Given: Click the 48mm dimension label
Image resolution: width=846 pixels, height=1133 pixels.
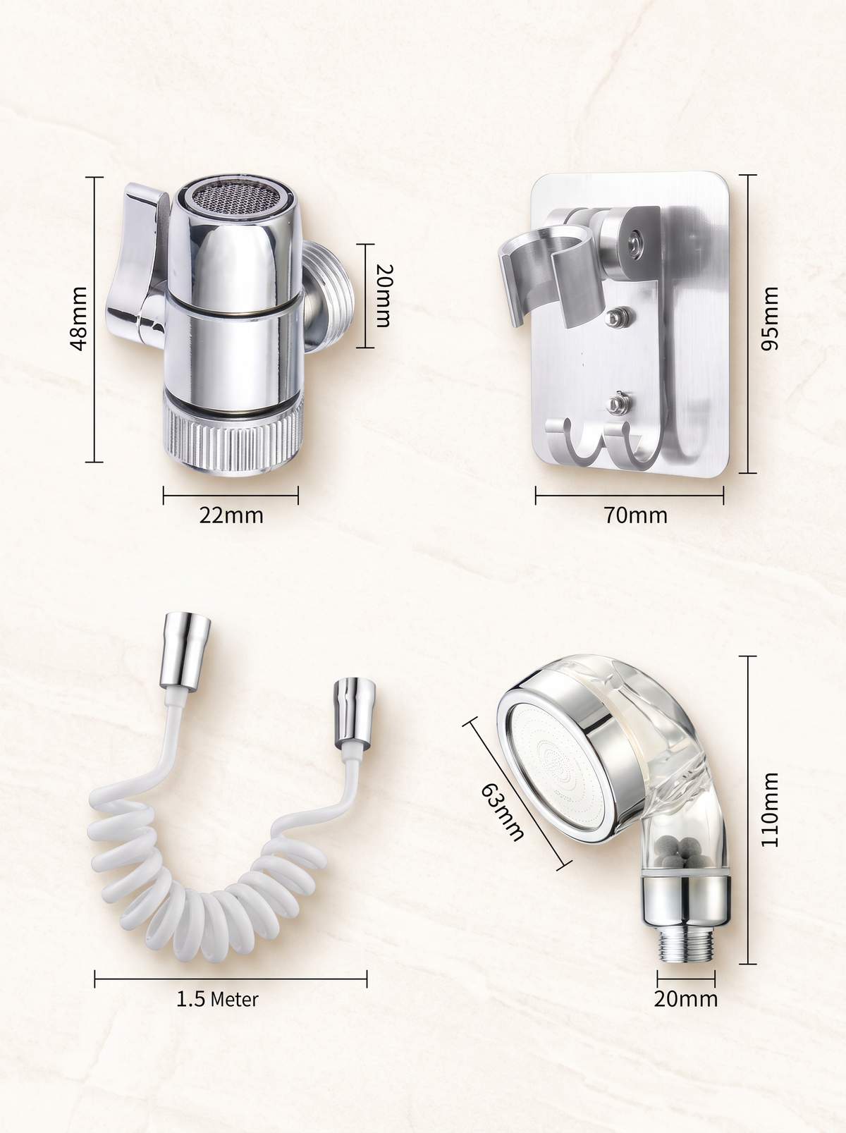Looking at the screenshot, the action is pos(78,319).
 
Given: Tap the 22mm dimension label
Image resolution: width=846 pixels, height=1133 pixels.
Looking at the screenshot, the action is pos(231,515).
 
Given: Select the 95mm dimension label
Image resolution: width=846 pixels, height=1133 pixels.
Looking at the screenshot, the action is pos(770,319).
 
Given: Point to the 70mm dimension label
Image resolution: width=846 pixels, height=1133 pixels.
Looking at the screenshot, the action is pos(635,515).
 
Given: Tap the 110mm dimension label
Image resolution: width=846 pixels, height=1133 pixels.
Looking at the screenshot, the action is pos(770,809).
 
